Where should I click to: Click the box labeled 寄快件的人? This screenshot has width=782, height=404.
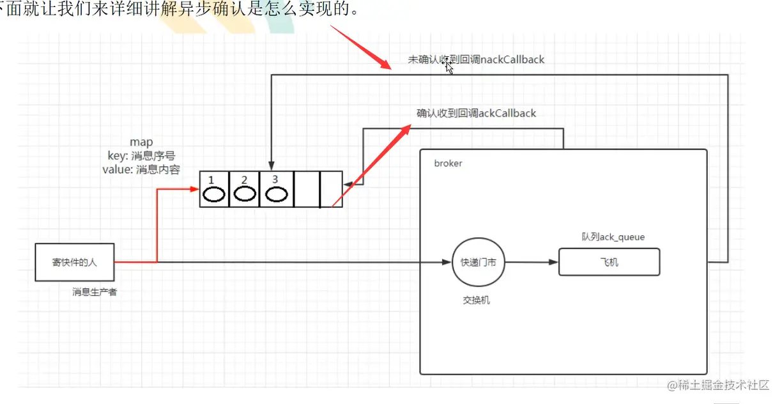[x=75, y=262]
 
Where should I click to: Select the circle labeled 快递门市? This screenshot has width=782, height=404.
[x=478, y=262]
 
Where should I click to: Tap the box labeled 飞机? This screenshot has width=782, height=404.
[x=609, y=262]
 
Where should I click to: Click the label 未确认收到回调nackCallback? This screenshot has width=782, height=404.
[x=476, y=59]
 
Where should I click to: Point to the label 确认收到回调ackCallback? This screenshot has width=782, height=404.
[x=476, y=113]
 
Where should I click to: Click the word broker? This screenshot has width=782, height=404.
[x=448, y=163]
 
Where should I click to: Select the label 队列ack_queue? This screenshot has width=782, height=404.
[x=609, y=237]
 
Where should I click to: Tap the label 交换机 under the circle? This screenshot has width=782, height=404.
[x=477, y=300]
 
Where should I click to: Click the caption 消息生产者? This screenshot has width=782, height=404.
[x=95, y=292]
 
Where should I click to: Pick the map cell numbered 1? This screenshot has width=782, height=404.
[x=214, y=189]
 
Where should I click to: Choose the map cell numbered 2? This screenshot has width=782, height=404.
[x=244, y=189]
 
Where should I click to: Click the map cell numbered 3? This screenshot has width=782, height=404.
[x=275, y=189]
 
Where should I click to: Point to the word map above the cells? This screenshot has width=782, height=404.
[x=141, y=142]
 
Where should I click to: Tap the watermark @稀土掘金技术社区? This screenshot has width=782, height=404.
[x=717, y=385]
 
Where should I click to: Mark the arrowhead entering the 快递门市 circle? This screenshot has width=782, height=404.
[x=448, y=262]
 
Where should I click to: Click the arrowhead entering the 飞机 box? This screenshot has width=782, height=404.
[x=555, y=262]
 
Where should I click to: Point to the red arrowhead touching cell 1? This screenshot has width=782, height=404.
[x=195, y=189]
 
